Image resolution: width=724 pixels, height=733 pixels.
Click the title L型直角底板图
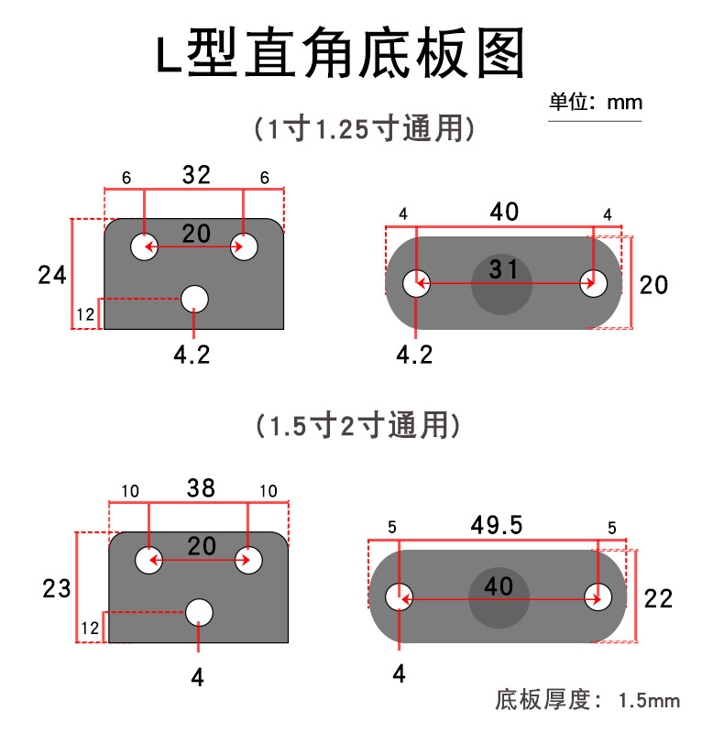tap(339, 55)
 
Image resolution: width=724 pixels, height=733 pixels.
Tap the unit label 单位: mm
tap(595, 102)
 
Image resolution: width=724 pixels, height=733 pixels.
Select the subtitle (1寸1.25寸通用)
tap(365, 128)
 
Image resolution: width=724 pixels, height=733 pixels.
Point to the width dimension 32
tap(195, 175)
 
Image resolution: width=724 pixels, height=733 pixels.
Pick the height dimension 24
tap(51, 274)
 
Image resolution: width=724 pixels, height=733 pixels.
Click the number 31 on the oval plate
tap(503, 269)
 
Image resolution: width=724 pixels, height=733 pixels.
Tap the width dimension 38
tap(200, 489)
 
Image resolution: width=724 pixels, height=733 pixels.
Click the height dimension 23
tap(56, 588)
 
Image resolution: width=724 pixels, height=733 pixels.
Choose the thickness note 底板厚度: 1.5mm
tap(587, 701)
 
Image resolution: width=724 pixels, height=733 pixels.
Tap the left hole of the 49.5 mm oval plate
tap(400, 597)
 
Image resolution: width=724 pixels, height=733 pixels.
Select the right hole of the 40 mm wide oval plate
tap(593, 284)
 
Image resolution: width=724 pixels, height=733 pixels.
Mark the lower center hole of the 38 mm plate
tap(199, 611)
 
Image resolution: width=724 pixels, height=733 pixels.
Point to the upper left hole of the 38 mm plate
tap(148, 560)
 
